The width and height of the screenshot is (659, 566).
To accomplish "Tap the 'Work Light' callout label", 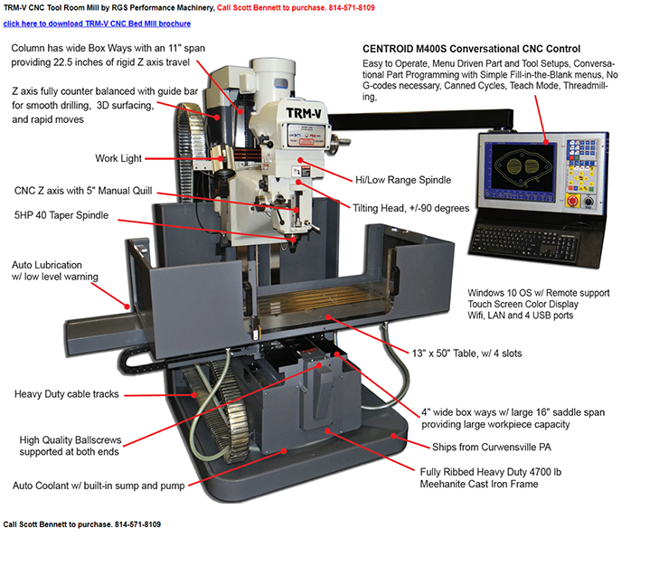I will (118, 159).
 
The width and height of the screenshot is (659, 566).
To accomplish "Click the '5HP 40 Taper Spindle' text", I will (61, 215).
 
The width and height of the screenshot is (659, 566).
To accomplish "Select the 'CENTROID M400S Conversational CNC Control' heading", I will (471, 48).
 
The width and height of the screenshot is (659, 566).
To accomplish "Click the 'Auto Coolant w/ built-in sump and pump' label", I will (99, 486).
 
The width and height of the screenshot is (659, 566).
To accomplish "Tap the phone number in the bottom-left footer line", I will (137, 524).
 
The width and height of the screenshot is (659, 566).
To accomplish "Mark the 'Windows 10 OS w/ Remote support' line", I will (538, 293).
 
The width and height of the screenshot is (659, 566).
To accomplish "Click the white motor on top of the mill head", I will (274, 78).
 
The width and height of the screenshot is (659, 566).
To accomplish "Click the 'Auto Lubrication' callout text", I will (49, 265).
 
